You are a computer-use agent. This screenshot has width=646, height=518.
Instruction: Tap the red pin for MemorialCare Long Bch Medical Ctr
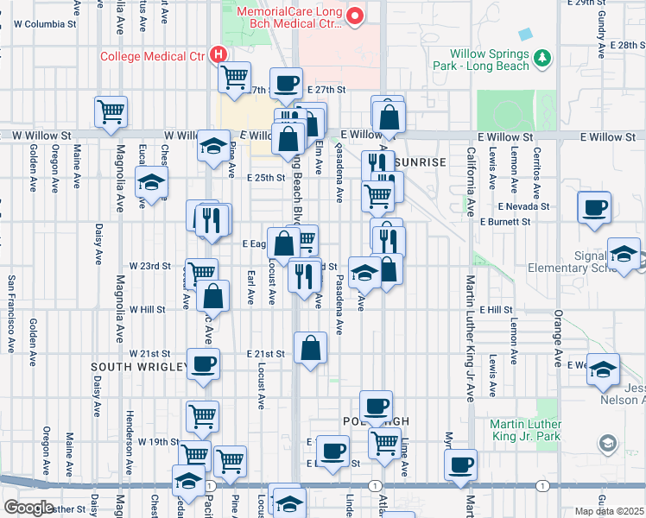(x=354, y=15)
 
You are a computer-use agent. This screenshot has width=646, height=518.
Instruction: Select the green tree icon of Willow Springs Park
(x=542, y=58)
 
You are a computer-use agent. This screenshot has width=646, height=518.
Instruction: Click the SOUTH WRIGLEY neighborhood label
(x=139, y=367)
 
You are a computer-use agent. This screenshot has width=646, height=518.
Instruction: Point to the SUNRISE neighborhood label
(x=420, y=162)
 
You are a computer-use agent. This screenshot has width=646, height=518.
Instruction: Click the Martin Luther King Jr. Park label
(x=539, y=430)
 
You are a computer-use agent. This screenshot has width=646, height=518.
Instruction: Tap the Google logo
(x=29, y=507)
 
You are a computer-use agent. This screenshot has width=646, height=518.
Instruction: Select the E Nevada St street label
(x=523, y=206)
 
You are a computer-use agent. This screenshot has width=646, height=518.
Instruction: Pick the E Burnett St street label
(x=505, y=222)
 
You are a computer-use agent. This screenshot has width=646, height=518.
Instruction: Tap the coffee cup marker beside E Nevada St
(x=594, y=208)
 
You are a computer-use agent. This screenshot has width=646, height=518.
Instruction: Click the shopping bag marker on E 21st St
(x=310, y=348)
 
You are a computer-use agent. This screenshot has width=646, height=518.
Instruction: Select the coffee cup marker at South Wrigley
(x=203, y=364)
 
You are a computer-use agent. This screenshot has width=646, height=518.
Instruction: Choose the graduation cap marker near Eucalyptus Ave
(x=152, y=182)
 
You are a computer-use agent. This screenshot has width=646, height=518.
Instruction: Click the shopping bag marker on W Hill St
(x=212, y=297)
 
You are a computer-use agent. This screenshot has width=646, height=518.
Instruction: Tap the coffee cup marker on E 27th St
(x=287, y=83)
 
